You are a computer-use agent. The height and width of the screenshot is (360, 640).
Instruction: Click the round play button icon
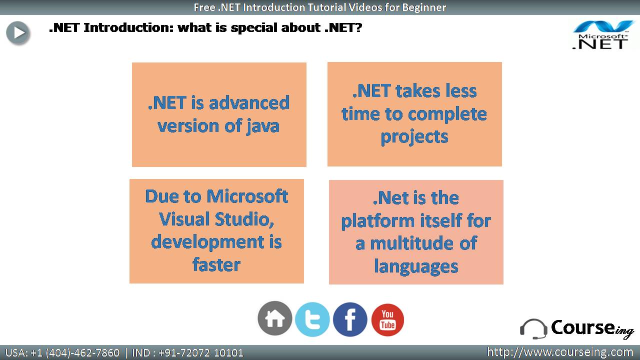(x=17, y=33)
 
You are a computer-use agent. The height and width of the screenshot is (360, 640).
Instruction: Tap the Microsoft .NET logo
(x=602, y=35)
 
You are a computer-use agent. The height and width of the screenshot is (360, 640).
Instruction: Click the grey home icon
(x=274, y=318)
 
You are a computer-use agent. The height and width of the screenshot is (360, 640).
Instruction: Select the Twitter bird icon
(x=312, y=319)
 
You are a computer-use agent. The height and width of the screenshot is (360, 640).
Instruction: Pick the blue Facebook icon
(x=350, y=319)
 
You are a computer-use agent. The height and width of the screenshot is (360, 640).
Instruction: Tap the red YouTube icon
(x=387, y=319)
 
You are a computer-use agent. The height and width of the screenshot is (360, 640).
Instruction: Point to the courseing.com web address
(x=560, y=352)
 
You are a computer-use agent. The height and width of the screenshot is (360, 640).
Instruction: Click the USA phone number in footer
(x=62, y=353)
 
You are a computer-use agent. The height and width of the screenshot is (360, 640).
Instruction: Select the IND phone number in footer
(x=187, y=353)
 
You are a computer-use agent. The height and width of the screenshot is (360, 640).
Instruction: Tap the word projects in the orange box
(x=414, y=137)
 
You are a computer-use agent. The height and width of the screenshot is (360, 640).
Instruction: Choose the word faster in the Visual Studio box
(x=216, y=264)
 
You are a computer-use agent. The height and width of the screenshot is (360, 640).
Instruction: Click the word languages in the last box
(x=416, y=267)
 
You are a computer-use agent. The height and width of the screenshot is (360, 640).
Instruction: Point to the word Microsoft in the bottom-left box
(x=247, y=196)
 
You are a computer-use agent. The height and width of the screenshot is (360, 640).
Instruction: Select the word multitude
(x=411, y=243)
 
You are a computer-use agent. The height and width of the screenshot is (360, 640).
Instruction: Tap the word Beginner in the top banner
(x=424, y=7)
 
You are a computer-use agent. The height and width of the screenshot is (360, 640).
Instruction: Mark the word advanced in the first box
(x=249, y=103)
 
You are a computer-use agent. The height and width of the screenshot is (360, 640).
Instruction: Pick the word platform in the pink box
(x=377, y=221)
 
